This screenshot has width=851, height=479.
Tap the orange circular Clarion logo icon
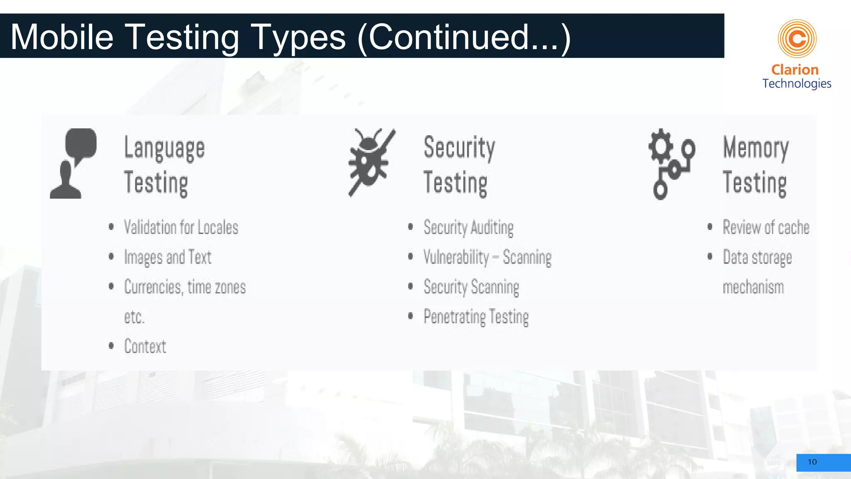coord(797,39)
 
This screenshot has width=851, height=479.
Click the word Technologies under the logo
coord(797,84)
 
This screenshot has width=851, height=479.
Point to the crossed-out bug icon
coord(371,162)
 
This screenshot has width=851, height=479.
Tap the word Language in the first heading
coord(165,148)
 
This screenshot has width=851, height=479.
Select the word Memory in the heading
coord(756,148)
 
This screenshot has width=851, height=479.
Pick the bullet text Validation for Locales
coord(181,227)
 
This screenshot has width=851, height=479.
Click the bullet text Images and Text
coord(168,257)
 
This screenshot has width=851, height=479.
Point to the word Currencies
coord(153,287)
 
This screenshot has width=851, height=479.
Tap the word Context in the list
coord(145,346)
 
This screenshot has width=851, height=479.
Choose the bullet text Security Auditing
coord(468,228)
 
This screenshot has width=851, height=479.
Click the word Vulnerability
coord(456,257)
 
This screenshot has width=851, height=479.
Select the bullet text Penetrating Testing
coord(476,317)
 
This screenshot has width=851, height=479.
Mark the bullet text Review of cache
coord(766,227)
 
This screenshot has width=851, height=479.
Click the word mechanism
coord(753,287)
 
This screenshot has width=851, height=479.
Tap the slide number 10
coord(812,462)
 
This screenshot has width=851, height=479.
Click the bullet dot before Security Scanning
coord(411,286)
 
